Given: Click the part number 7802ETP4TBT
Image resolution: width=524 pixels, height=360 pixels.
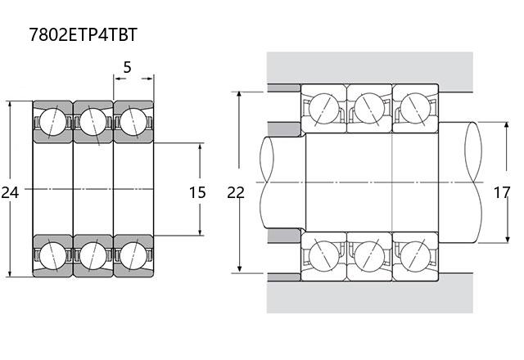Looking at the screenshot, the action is (x=84, y=34).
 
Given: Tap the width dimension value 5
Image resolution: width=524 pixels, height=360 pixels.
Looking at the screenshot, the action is (x=127, y=67).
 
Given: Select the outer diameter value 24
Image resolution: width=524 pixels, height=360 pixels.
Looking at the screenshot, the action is (x=10, y=193).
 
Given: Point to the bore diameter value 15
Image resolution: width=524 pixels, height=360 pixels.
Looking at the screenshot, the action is (x=197, y=193).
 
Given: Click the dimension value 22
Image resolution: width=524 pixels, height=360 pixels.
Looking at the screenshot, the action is (x=236, y=193).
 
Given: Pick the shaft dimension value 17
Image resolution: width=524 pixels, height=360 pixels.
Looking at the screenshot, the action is (x=502, y=193).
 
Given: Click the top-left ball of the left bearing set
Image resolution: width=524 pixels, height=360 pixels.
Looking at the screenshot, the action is (x=52, y=122).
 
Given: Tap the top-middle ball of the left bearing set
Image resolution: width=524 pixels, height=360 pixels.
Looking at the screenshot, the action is (x=93, y=122).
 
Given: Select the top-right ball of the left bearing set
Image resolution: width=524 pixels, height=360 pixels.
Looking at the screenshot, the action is (x=133, y=122).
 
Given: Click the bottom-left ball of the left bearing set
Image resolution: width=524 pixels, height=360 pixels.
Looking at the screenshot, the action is (x=52, y=255).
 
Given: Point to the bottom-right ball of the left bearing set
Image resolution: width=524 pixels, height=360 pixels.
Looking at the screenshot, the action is (x=133, y=255).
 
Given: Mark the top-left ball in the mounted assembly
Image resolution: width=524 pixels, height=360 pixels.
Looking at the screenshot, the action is (x=324, y=108).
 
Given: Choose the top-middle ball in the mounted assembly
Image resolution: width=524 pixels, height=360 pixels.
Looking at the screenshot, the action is (x=369, y=108).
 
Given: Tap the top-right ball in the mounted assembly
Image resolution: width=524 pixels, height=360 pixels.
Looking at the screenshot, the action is (x=415, y=108).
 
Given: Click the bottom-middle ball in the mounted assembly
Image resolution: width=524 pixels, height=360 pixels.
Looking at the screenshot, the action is (x=369, y=256).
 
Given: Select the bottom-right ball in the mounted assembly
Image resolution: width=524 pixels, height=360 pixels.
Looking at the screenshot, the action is (x=415, y=256).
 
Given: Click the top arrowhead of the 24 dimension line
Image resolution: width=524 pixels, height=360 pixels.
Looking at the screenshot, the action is (x=10, y=104).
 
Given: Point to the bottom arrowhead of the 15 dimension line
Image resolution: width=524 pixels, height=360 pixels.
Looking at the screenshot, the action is (x=200, y=232).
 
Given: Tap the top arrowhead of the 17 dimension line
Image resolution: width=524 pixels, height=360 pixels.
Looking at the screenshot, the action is (x=507, y=126).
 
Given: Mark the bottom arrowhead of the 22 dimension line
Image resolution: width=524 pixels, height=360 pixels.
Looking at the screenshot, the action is (x=239, y=269).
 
